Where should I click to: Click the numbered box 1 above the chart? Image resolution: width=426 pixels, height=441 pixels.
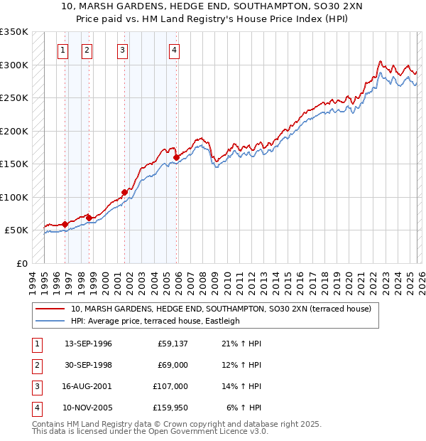coord(63,50)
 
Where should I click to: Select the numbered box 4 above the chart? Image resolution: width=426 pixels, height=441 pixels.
coord(174,50)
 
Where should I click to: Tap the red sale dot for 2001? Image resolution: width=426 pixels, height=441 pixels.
coord(124,192)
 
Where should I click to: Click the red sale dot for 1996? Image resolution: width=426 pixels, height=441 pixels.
coord(65,224)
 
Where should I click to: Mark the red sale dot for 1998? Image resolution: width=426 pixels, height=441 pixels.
coord(89,218)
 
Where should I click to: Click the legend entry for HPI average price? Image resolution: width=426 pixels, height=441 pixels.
coord(155,321)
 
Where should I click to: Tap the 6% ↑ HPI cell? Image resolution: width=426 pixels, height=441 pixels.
coord(244,408)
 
